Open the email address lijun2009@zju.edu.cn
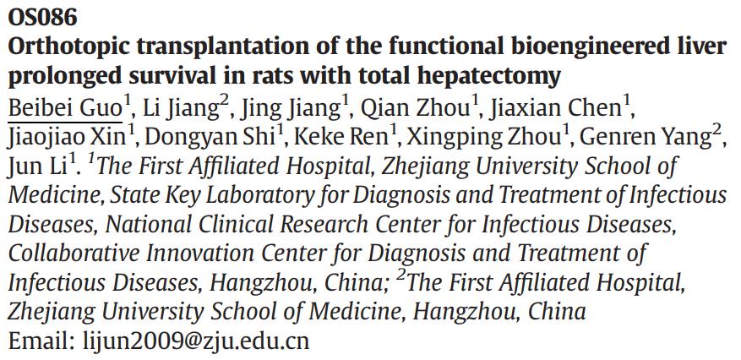tap(196, 341)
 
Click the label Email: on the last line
tap(41, 341)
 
